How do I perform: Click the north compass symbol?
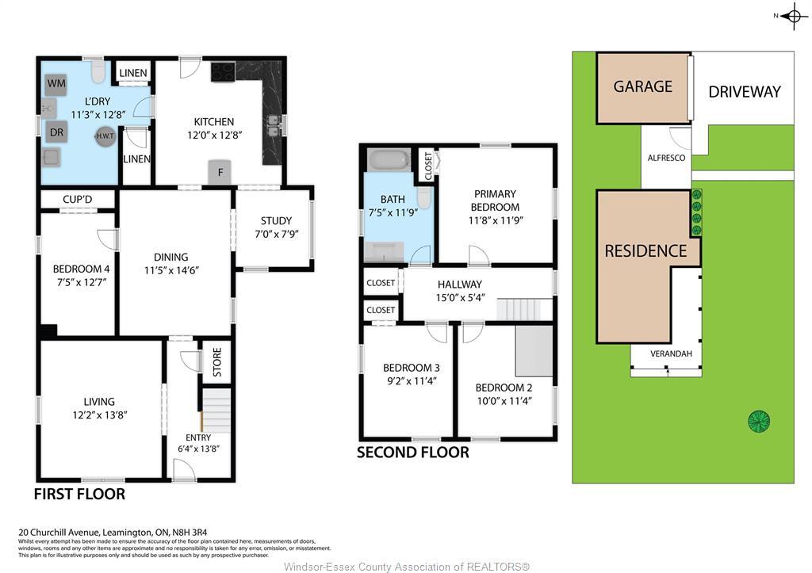pos(794,16)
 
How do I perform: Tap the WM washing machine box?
pos(56,83)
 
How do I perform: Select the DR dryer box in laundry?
pos(56,132)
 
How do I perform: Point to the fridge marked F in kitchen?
pos(220,172)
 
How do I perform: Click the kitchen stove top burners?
pos(222,72)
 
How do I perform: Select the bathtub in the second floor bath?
pos(389,160)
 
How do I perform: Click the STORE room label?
pos(216,362)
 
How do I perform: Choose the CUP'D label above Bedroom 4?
pos(78,198)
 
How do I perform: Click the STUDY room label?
pos(276,220)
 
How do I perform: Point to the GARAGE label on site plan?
pos(642,86)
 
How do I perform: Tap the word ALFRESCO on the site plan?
pos(666,159)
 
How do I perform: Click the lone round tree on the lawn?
pos(759,420)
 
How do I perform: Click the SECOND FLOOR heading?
pos(412,453)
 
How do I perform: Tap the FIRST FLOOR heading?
pos(79,494)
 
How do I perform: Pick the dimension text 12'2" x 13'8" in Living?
pos(99,414)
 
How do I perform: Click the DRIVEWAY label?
pos(744,91)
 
